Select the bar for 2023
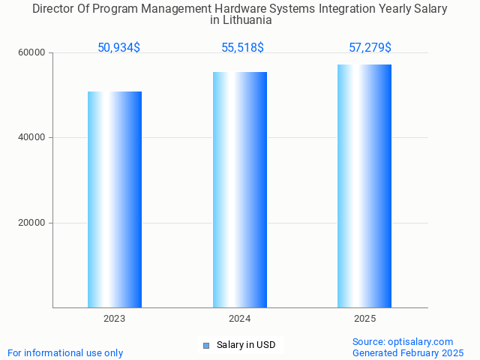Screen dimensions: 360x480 pyautogui.click(x=115, y=199)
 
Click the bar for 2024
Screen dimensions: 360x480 pyautogui.click(x=240, y=190)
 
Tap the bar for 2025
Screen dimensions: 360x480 pyautogui.click(x=364, y=186)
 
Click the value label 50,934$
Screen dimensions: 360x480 pyautogui.click(x=118, y=48)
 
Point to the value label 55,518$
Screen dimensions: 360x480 pyautogui.click(x=242, y=48)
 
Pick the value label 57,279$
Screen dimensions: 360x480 pyautogui.click(x=370, y=48)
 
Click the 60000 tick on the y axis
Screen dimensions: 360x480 pyautogui.click(x=32, y=52)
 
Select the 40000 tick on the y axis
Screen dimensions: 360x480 pyautogui.click(x=32, y=138)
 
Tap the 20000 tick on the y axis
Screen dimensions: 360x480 pyautogui.click(x=32, y=223)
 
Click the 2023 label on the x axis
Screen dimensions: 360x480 pyautogui.click(x=115, y=319)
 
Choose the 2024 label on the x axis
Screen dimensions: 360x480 pyautogui.click(x=240, y=319)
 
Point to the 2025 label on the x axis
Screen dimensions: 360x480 pyautogui.click(x=364, y=319)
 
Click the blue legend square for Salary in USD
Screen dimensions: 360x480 pyautogui.click(x=206, y=346)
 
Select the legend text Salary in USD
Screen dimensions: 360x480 pyautogui.click(x=246, y=345)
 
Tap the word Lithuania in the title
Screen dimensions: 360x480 pyautogui.click(x=241, y=20)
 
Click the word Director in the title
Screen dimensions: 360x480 pyautogui.click(x=54, y=9)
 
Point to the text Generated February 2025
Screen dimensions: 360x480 pyautogui.click(x=408, y=353)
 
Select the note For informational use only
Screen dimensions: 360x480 pyautogui.click(x=65, y=353)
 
